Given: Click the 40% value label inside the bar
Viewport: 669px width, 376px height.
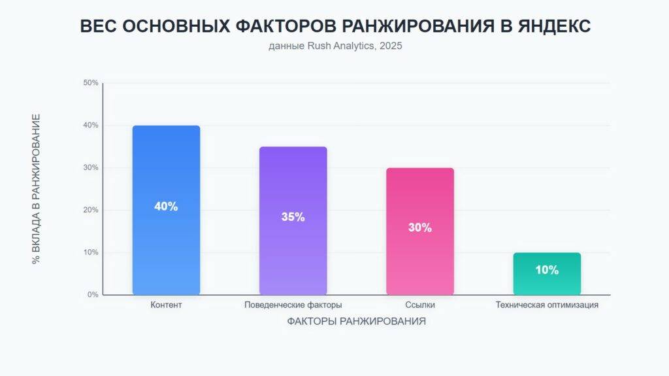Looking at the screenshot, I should [x=166, y=206].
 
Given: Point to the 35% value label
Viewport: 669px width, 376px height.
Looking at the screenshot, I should [x=293, y=217].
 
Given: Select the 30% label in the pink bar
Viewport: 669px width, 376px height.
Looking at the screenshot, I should [x=419, y=228].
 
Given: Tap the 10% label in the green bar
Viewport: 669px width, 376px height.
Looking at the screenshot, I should [x=547, y=269].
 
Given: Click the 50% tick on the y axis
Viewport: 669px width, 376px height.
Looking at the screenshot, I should [x=91, y=83].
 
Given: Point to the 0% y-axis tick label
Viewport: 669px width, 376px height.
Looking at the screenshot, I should [x=93, y=295].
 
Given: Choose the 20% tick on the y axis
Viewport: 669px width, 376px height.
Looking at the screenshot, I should [x=91, y=210].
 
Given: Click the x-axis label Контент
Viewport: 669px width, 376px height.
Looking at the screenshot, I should [x=166, y=305].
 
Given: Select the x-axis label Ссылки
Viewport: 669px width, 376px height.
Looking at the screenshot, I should [x=419, y=305].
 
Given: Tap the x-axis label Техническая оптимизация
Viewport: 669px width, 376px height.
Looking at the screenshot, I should [x=547, y=305].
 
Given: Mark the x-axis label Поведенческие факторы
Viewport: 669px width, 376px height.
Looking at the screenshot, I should [x=293, y=305].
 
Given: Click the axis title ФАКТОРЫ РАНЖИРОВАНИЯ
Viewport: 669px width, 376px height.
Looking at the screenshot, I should [x=356, y=322].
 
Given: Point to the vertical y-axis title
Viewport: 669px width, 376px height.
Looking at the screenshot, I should [x=37, y=189].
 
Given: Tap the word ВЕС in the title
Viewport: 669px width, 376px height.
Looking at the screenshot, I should [x=98, y=26].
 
